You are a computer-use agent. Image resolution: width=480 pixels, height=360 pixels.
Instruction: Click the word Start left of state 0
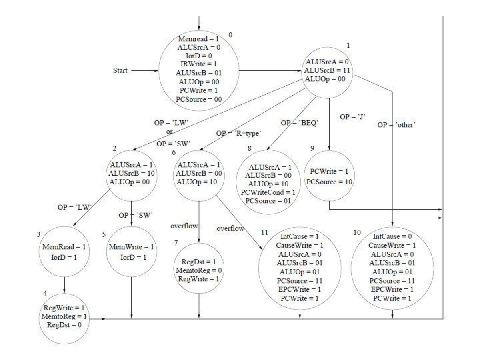click(121, 69)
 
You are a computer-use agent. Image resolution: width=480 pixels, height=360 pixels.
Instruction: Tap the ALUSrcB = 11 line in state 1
click(325, 69)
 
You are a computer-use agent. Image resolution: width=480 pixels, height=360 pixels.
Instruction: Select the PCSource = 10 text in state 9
click(329, 182)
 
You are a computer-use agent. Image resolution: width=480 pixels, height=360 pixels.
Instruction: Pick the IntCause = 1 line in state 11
click(299, 237)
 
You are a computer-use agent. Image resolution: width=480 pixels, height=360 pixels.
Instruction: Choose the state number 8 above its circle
click(249, 148)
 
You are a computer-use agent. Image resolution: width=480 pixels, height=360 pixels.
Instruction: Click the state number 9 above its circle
click(312, 147)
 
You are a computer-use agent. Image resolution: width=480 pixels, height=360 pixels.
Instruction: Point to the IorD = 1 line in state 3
click(65, 257)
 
